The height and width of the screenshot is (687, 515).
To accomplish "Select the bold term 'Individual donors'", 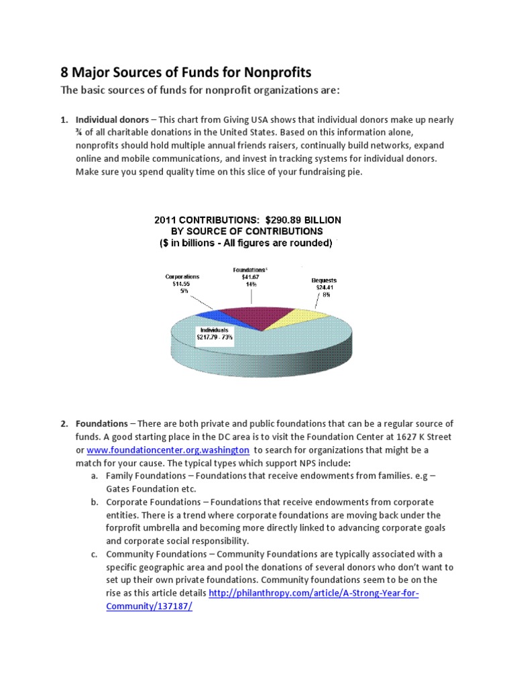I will point(111,120).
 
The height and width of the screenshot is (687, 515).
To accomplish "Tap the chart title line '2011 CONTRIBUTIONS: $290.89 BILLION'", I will point(247,219).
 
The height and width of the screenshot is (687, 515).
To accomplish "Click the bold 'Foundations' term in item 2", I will point(102,424).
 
